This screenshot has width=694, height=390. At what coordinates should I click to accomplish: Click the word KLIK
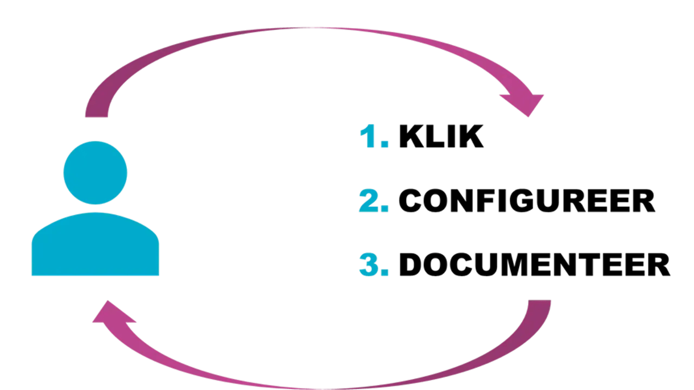tap(441, 137)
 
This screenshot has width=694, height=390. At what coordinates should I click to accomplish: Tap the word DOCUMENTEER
tap(534, 265)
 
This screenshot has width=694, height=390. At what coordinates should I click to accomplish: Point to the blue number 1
tap(370, 137)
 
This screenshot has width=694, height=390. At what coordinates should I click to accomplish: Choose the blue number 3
tap(371, 265)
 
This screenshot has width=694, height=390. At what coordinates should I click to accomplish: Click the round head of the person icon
tap(95, 173)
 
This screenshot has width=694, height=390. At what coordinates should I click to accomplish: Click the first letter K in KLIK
tap(410, 137)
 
